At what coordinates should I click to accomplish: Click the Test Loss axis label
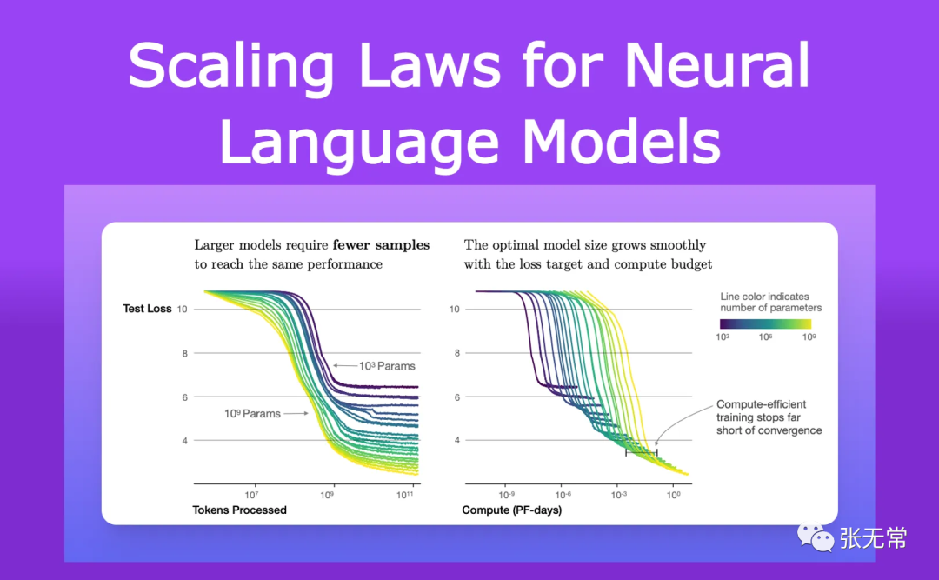pos(148,309)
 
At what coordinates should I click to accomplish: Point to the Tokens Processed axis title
pos(239,510)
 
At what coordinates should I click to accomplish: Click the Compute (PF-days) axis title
pos(511,510)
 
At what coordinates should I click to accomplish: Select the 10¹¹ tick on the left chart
pos(407,494)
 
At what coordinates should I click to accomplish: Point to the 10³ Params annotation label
pos(387,366)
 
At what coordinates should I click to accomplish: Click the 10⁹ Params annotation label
pos(252,414)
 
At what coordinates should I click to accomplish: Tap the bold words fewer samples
pos(381,245)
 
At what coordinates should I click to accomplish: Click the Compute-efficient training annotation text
pos(769,417)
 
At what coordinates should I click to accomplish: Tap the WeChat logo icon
pos(816,537)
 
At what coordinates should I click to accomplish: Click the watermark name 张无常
pos(872,538)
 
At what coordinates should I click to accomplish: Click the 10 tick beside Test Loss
pos(182,309)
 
